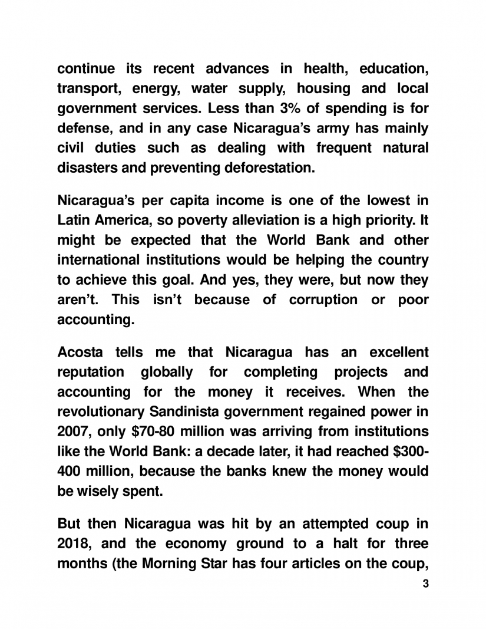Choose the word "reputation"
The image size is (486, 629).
click(x=91, y=373)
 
